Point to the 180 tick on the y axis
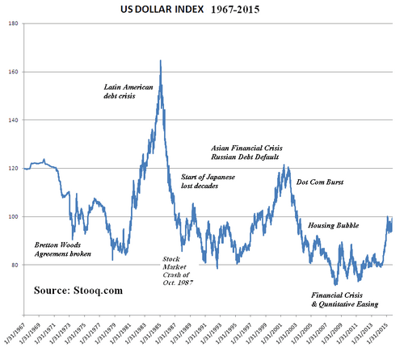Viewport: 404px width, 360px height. click(x=14, y=24)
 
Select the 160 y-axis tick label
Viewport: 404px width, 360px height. click(x=14, y=72)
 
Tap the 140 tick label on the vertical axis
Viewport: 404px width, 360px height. click(x=14, y=120)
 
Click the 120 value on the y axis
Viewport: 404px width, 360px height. click(x=14, y=169)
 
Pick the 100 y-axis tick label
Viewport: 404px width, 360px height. click(x=14, y=217)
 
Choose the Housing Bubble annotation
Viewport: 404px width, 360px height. click(x=336, y=226)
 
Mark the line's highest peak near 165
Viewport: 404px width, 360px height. click(x=160, y=61)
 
